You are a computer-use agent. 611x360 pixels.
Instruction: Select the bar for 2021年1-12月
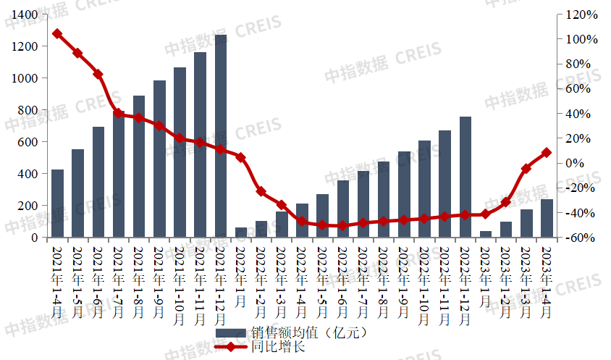221,136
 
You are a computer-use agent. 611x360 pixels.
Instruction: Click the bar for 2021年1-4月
57,204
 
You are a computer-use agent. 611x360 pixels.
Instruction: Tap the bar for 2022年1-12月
465,177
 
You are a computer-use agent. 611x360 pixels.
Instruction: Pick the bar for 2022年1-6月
343,209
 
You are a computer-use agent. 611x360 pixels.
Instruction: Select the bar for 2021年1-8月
139,167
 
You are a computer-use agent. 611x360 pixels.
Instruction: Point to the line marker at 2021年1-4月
57,34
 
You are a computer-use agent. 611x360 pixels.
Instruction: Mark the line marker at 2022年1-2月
261,192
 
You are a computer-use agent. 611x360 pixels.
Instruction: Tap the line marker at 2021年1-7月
119,113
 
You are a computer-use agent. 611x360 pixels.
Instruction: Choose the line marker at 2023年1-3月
527,169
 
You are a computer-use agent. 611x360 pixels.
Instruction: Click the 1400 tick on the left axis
24,14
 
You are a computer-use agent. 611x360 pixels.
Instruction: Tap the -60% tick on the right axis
581,238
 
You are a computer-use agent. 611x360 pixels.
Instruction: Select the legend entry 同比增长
278,347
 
